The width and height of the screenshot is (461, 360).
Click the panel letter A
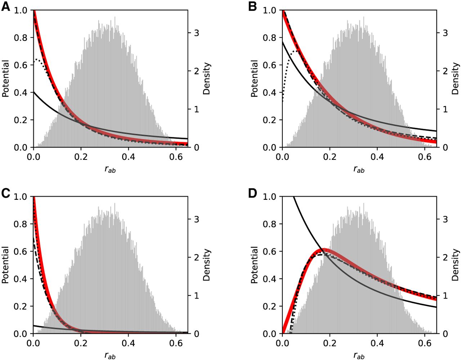coord(6,6)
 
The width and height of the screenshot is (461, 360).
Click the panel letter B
coord(252,6)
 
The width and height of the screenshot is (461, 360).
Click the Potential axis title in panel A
coord(6,79)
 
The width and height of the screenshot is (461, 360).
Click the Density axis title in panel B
coord(456,79)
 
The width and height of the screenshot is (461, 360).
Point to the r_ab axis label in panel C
coord(110,356)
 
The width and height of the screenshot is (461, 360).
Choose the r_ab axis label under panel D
coord(359,356)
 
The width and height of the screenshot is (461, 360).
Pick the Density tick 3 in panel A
coord(197,33)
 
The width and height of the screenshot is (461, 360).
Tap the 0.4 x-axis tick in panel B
coord(377,157)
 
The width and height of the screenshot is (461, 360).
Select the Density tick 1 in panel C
coord(197,296)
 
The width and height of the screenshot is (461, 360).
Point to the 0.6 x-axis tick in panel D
coord(425,343)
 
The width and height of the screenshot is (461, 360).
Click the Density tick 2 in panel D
coord(446,257)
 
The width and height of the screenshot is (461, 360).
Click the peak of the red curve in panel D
coord(323,251)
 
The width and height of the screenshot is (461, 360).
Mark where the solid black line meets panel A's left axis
coord(33,92)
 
